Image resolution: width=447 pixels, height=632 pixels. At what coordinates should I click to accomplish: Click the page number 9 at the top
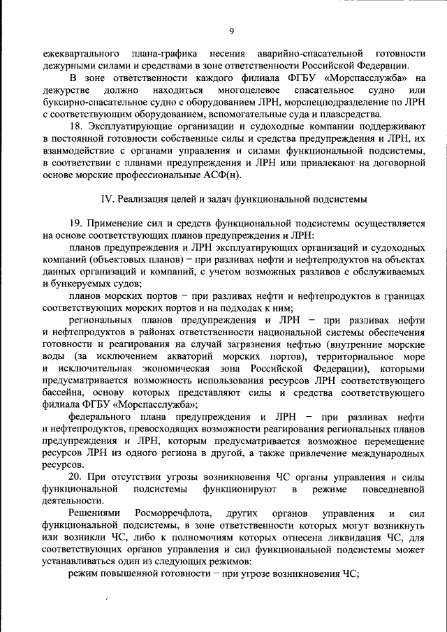click(231, 31)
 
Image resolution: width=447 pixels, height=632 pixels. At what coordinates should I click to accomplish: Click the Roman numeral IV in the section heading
click(108, 198)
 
